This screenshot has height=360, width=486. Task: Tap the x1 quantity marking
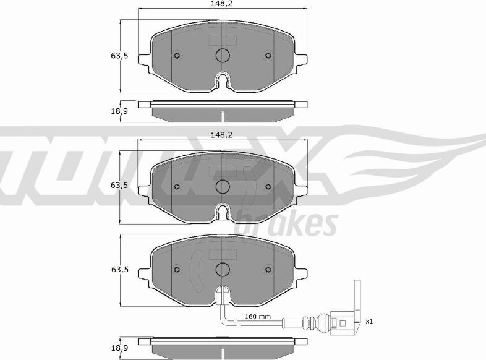coord(369,321)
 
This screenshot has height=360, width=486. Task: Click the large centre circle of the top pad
coord(223,56)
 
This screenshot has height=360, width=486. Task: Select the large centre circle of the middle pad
coord(223,186)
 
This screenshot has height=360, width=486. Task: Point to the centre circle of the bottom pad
coord(223,270)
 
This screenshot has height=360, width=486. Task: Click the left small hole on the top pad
coord(177,56)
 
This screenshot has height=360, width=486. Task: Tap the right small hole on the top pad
coord(268,56)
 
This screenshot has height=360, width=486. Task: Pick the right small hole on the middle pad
coord(268,186)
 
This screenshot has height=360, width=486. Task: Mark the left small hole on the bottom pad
coord(177,270)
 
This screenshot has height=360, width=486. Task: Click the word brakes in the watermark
coord(286,224)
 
